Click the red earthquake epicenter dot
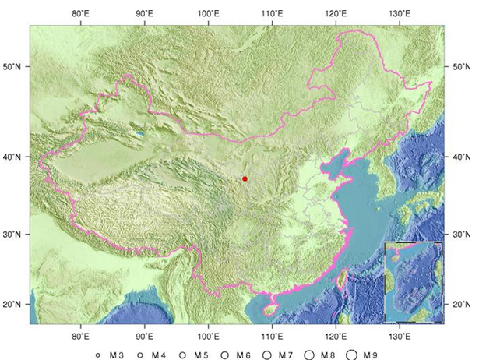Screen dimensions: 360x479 click(x=245, y=178)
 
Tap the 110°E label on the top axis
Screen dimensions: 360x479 click(x=271, y=13)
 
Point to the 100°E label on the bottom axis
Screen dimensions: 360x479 click(x=207, y=336)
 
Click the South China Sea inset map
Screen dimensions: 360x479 click(x=414, y=281)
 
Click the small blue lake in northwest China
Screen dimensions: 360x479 click(x=139, y=134)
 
